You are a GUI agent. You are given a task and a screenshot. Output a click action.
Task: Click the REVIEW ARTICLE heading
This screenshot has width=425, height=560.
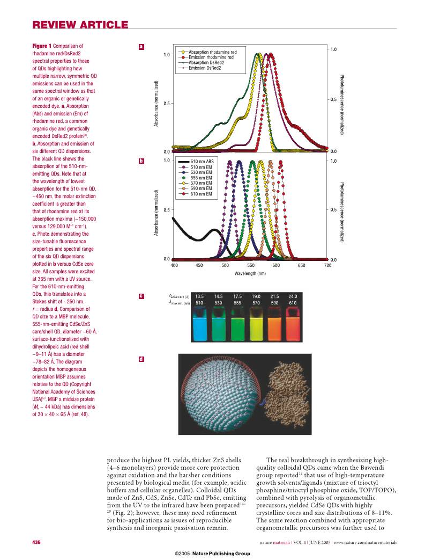pyautogui.click(x=80, y=25)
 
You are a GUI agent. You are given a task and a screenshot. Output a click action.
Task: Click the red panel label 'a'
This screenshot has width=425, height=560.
pyautogui.click(x=141, y=47)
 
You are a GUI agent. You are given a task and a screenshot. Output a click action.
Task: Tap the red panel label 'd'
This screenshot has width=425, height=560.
pyautogui.click(x=141, y=359)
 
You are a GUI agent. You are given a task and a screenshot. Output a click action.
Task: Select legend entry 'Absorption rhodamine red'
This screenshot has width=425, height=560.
pyautogui.click(x=212, y=52)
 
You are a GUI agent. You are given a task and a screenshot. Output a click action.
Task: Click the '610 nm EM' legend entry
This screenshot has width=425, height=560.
pyautogui.click(x=202, y=194)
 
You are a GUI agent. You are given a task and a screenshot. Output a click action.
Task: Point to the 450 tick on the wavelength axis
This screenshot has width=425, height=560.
pyautogui.click(x=199, y=265)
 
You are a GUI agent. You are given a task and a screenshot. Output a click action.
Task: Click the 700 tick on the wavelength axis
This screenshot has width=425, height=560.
pyautogui.click(x=327, y=265)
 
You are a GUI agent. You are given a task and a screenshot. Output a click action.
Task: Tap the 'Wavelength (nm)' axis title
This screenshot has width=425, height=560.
pyautogui.click(x=250, y=273)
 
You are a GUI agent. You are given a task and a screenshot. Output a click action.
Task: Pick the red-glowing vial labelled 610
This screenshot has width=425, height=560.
pyautogui.click(x=293, y=324)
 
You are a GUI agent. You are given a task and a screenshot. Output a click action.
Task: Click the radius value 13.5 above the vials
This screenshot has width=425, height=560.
pyautogui.click(x=199, y=296)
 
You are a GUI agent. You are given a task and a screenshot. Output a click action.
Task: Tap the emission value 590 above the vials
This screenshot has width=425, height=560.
pyautogui.click(x=274, y=303)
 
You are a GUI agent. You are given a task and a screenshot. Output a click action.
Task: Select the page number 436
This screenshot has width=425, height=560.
pyautogui.click(x=37, y=542)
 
